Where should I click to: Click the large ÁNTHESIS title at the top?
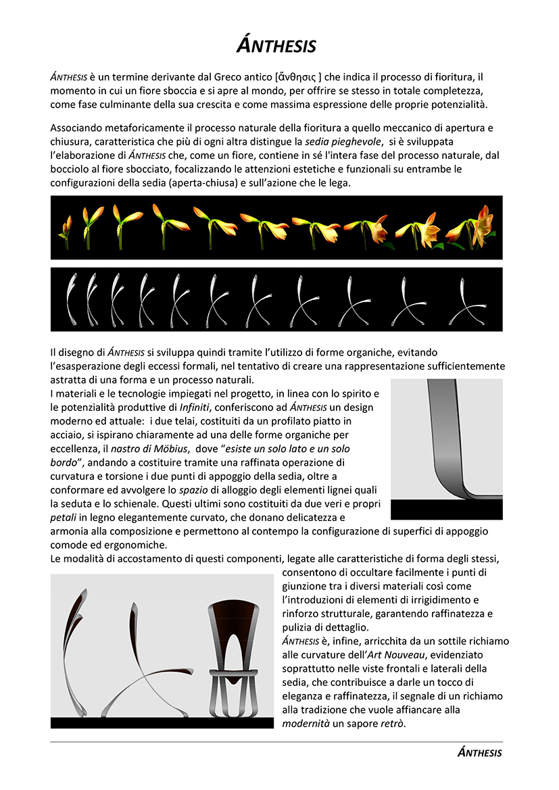(x=276, y=45)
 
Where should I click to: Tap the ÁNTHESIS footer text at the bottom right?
(x=479, y=752)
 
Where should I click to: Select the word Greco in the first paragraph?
(x=233, y=77)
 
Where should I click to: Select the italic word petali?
(x=65, y=517)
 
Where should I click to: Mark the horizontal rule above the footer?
(x=276, y=741)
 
